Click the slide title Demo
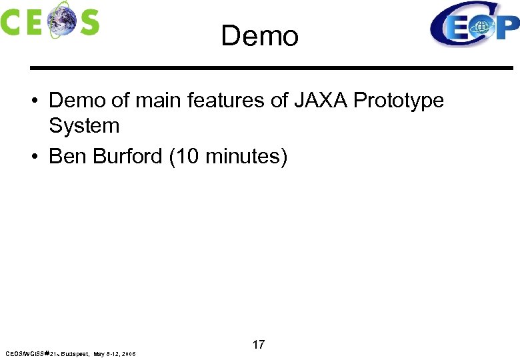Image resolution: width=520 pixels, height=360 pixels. click(259, 36)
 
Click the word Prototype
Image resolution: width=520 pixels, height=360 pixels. click(399, 101)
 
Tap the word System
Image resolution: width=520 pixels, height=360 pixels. click(84, 125)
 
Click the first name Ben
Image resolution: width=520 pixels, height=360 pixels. click(68, 157)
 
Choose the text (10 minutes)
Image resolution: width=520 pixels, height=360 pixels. click(229, 157)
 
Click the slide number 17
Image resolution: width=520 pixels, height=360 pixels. click(259, 345)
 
